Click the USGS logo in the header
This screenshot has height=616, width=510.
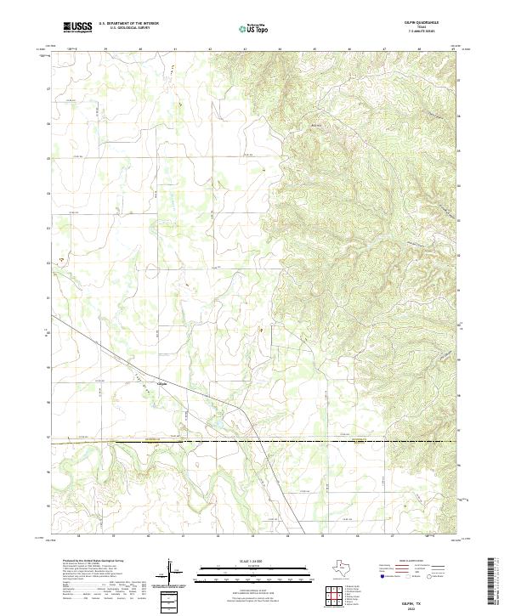point(77,27)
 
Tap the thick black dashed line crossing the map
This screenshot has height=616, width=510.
point(255,442)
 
